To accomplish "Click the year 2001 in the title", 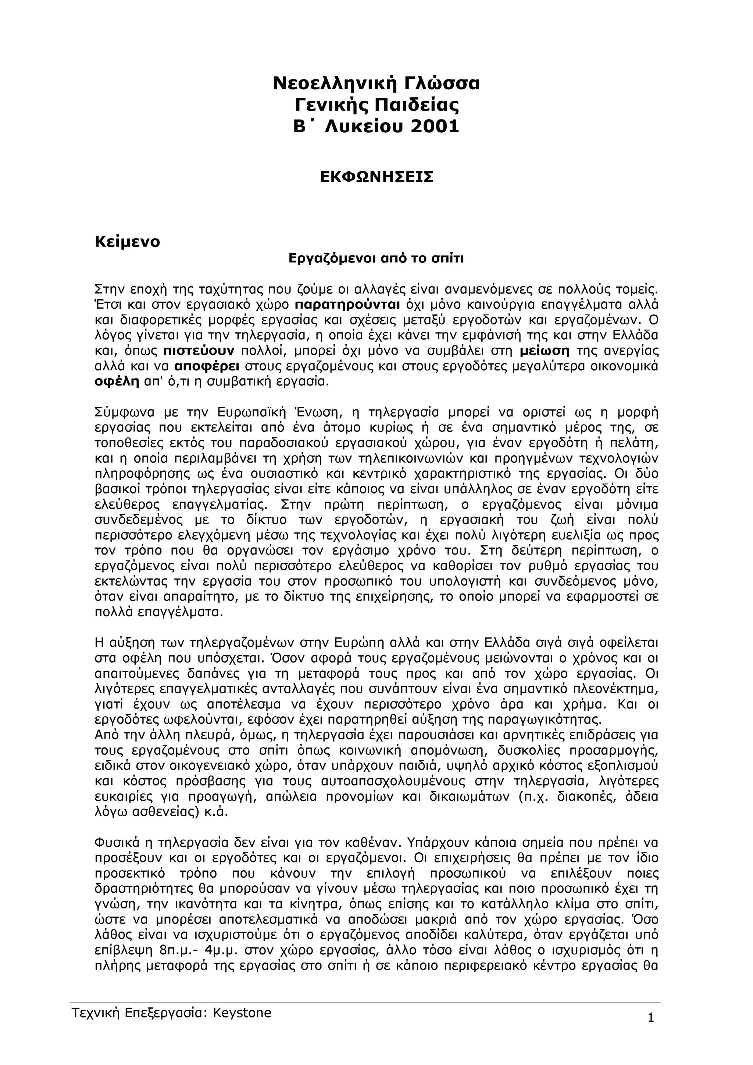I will (x=435, y=126).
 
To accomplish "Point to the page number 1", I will (x=650, y=1015).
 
